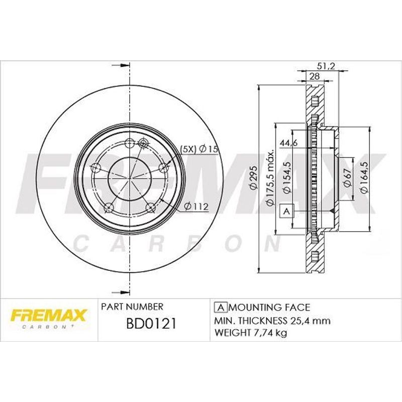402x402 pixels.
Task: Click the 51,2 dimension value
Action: (x=326, y=66)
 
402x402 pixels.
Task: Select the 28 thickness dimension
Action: (x=315, y=76)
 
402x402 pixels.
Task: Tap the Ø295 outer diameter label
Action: (x=253, y=178)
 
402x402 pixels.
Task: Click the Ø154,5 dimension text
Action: (x=287, y=178)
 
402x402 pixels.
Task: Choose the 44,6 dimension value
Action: (x=288, y=143)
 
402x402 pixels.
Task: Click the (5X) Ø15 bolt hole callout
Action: (x=199, y=149)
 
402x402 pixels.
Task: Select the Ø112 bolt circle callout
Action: (x=196, y=207)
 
